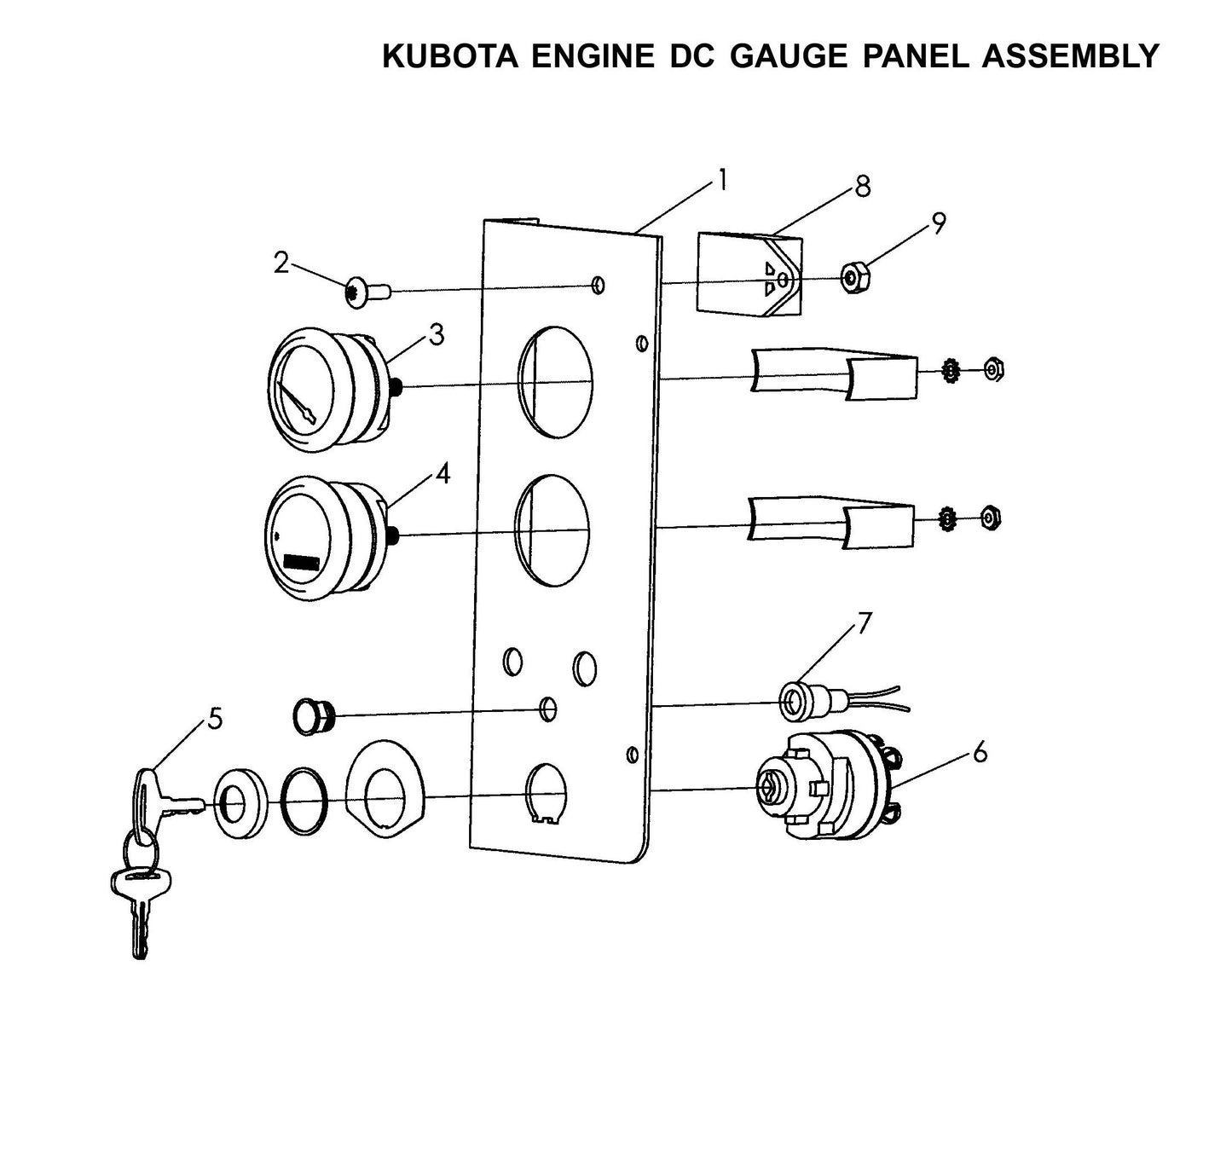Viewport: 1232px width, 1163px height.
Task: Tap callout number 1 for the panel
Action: [x=722, y=181]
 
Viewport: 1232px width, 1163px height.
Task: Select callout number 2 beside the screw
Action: [x=281, y=263]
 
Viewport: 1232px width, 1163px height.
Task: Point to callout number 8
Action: [x=863, y=187]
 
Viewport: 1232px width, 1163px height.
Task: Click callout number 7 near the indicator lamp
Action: [x=865, y=623]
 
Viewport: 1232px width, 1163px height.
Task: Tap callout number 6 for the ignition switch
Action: [x=980, y=752]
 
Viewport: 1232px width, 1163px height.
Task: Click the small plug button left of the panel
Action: [x=314, y=715]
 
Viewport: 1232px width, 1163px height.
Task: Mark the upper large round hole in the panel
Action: [x=555, y=376]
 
